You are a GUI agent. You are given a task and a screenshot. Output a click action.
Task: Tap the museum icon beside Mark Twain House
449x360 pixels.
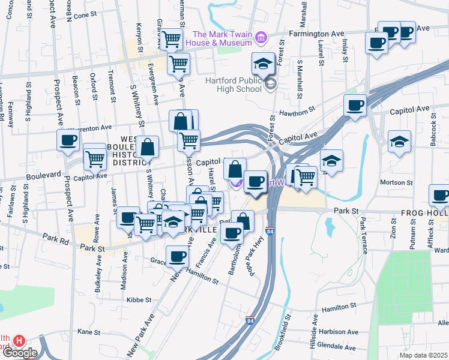point(260,38)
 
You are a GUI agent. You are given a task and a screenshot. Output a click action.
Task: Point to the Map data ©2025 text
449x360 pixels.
point(424,355)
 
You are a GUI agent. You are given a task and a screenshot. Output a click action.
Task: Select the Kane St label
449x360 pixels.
point(89,331)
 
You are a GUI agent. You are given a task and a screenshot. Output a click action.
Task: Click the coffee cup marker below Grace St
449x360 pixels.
point(176,257)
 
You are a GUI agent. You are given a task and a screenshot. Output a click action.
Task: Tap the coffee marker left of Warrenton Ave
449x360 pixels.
point(68,140)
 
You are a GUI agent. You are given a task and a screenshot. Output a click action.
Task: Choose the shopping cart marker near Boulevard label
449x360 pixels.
point(94,158)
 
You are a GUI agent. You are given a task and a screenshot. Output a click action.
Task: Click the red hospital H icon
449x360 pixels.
point(19,340)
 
